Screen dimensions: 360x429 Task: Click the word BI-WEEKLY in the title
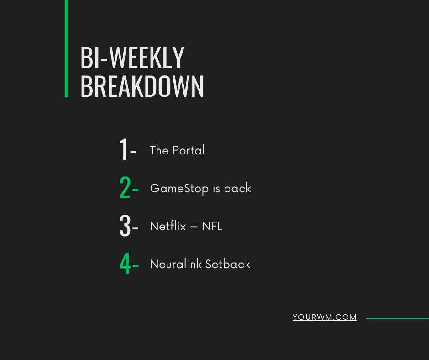coord(132,58)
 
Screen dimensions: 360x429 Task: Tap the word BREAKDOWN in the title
coord(141,86)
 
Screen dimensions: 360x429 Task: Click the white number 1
coord(123,149)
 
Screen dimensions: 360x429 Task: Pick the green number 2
coord(125,188)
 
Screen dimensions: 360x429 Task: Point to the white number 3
coord(125,226)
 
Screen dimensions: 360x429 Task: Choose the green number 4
coord(125,264)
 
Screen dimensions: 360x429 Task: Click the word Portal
coord(189,150)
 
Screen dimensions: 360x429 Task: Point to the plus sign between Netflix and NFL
coord(193,227)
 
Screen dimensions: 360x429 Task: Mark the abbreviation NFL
coord(212,226)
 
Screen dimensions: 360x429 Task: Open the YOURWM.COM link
coord(324,318)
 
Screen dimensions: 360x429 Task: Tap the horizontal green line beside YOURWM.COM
coord(397,318)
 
